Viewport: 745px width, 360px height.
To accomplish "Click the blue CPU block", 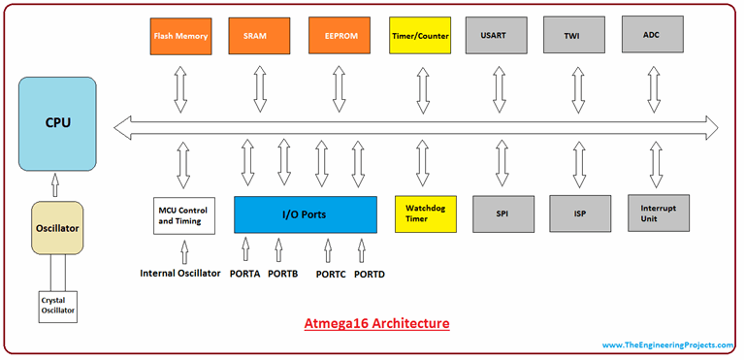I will (x=57, y=124).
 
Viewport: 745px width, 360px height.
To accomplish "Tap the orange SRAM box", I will (x=258, y=36).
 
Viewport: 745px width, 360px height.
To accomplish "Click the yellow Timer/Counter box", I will (x=420, y=36).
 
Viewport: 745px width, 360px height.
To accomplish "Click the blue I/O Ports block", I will (x=306, y=213).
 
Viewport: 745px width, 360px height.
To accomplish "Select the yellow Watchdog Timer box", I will (x=423, y=213).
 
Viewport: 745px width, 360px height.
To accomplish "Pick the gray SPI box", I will (x=502, y=213).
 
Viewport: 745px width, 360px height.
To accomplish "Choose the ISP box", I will (x=580, y=213).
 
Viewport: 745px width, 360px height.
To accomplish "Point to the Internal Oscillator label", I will (x=180, y=273).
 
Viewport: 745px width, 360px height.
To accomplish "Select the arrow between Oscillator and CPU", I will (x=56, y=186).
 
